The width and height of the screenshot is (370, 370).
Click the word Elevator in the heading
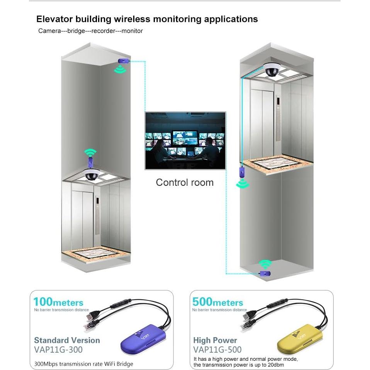[54, 19]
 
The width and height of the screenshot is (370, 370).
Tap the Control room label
[185, 182]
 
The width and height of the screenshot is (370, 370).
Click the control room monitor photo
[185, 141]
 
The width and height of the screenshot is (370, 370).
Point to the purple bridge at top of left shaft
[123, 61]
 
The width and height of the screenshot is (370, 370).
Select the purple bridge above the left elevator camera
[91, 160]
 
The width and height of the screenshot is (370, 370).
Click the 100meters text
[58, 302]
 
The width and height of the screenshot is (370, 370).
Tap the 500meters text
[218, 302]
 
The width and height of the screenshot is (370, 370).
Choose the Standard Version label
[67, 340]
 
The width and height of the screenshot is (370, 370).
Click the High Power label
[216, 340]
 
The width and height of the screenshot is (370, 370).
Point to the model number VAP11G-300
[58, 350]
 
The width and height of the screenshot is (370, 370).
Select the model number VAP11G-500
[217, 350]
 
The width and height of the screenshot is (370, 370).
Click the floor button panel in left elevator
[97, 216]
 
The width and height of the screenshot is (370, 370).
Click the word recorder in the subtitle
[103, 31]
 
